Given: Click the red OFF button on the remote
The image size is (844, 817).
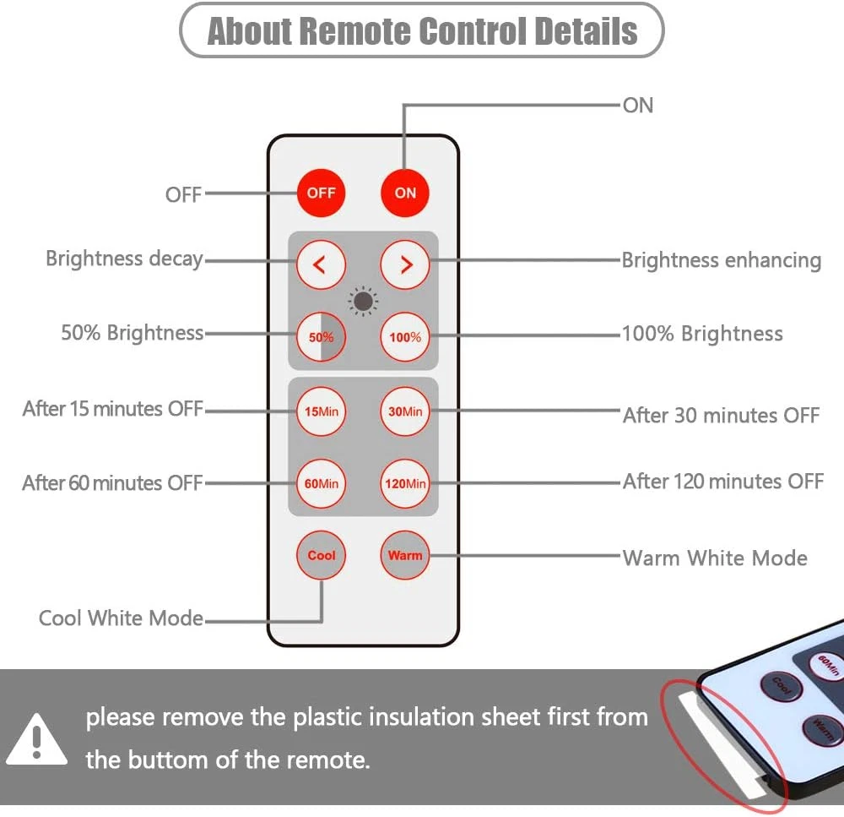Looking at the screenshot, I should [321, 193].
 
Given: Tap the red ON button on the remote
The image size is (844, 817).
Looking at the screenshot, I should [405, 193].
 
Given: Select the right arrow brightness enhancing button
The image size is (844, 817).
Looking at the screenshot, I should [405, 264].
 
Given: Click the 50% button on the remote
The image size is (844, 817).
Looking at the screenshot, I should [321, 337].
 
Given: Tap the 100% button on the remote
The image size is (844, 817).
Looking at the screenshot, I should [405, 337].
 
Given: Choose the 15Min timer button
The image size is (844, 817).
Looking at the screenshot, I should [321, 411].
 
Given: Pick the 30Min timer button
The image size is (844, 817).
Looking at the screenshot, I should [405, 411].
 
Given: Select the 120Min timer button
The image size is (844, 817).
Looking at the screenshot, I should [405, 484].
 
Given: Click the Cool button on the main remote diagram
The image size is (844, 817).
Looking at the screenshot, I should [321, 556].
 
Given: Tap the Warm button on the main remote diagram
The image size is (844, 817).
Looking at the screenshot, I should [405, 556].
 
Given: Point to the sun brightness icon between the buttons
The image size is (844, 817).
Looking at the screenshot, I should [363, 301].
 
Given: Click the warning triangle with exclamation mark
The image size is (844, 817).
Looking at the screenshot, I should [36, 738].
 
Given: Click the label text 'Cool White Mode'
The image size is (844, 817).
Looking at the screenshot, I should [121, 618].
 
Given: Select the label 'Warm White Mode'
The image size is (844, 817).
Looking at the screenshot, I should [715, 558].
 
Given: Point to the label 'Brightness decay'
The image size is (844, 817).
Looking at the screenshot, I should [124, 259].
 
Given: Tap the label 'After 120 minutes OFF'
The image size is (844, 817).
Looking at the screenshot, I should [723, 482].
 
